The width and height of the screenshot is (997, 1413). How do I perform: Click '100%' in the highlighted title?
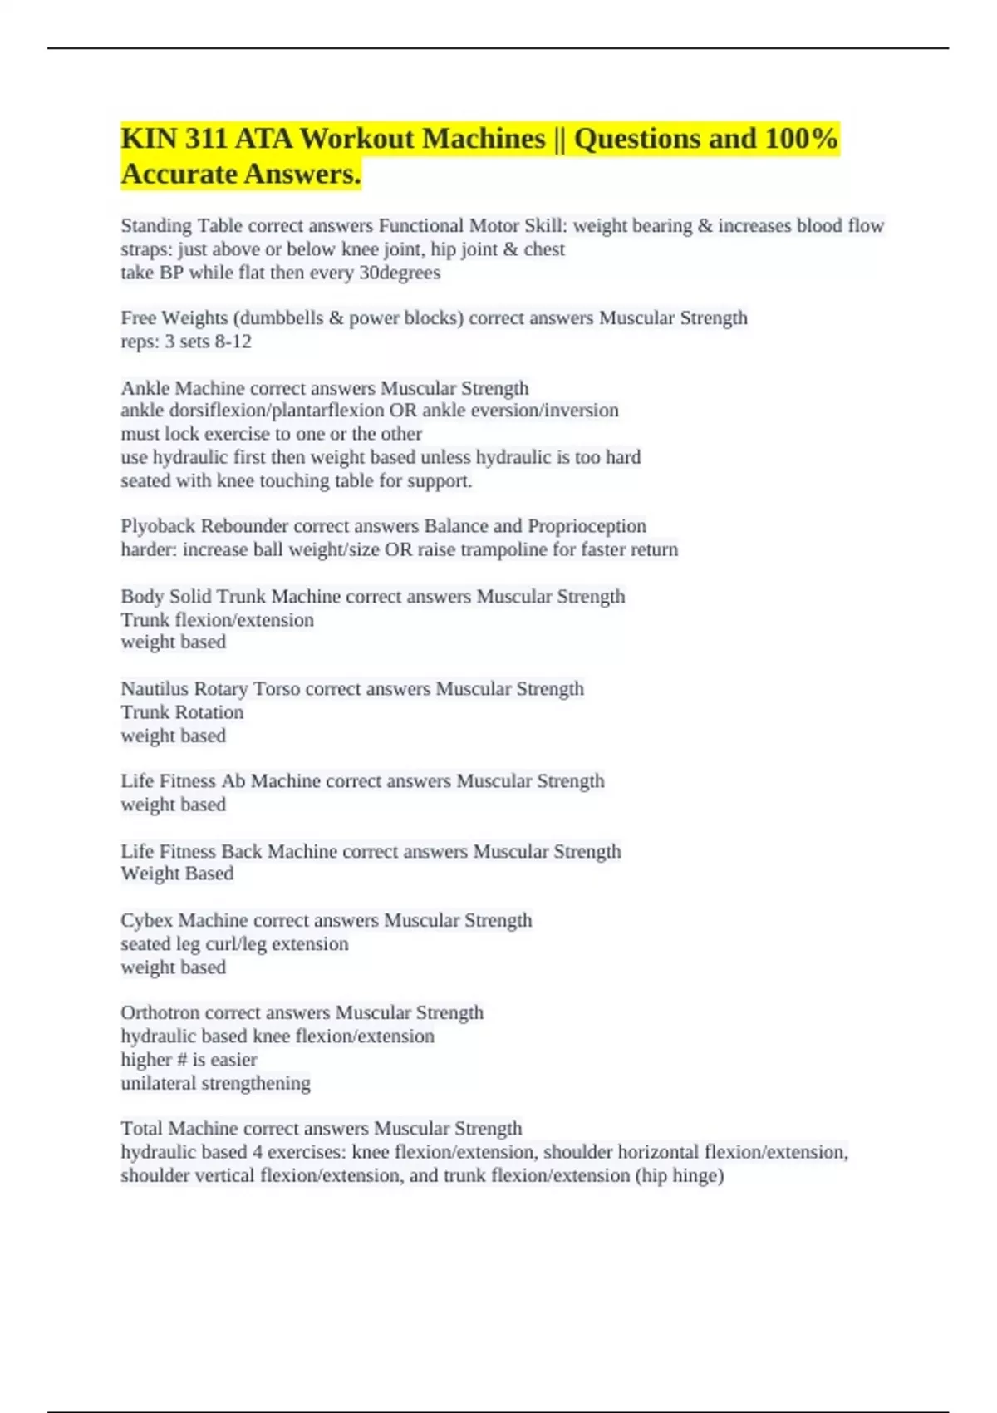click(801, 139)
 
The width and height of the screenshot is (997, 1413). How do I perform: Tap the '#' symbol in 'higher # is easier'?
click(182, 1060)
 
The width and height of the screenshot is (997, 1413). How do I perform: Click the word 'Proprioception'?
click(587, 526)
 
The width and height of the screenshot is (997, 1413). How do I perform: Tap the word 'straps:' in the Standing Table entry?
click(146, 249)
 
